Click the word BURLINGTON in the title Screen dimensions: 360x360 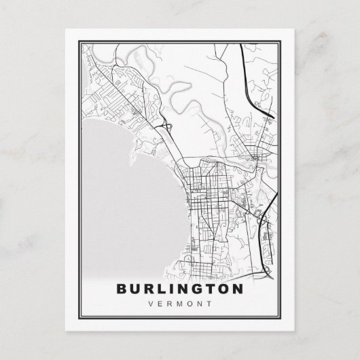(x=180, y=288)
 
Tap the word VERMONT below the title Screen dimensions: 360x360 (x=180, y=303)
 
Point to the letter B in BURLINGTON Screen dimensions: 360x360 (x=122, y=288)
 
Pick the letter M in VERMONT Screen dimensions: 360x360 (x=181, y=303)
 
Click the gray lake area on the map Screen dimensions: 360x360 (x=122, y=197)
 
